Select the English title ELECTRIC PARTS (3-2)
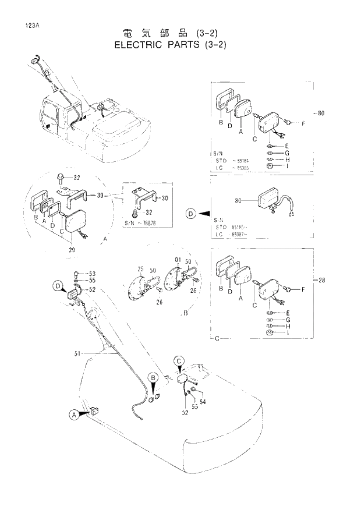(x=169, y=44)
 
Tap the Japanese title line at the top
(x=170, y=32)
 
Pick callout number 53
(x=91, y=273)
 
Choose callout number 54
(x=203, y=402)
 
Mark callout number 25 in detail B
(x=140, y=269)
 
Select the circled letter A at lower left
(x=74, y=415)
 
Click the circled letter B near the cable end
(x=154, y=378)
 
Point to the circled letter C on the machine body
(x=179, y=360)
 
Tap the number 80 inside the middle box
(x=238, y=201)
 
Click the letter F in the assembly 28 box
(x=303, y=289)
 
